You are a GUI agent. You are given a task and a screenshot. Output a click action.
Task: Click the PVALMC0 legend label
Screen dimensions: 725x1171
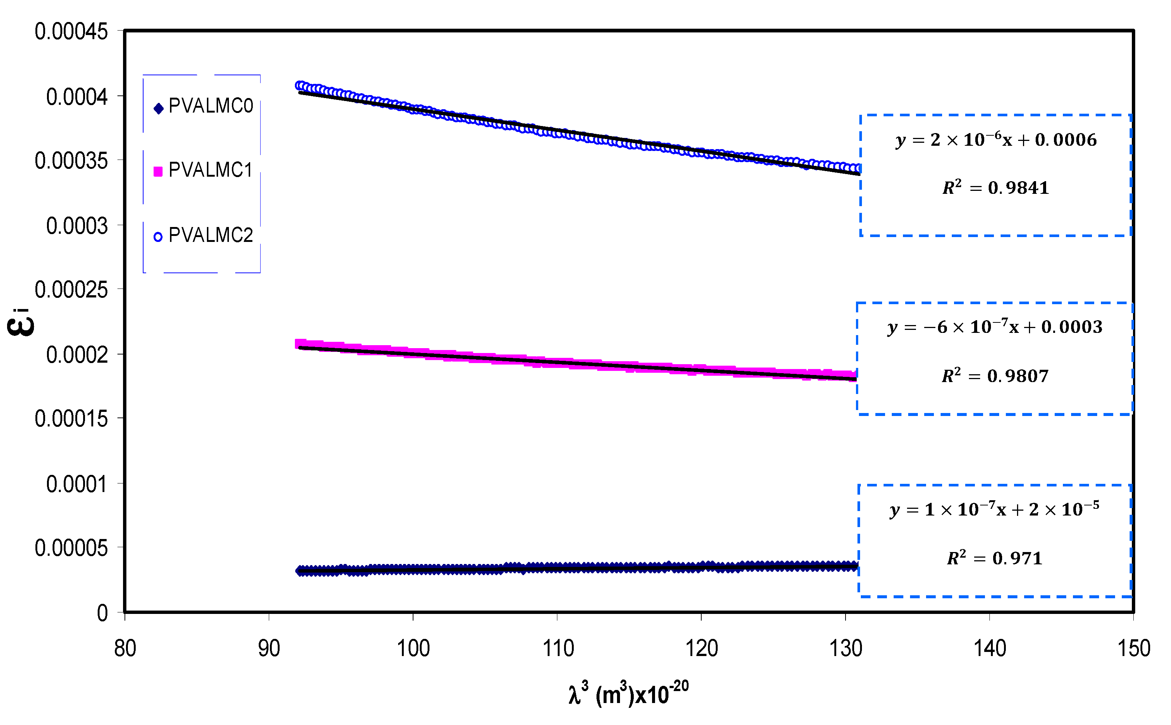pyautogui.click(x=211, y=106)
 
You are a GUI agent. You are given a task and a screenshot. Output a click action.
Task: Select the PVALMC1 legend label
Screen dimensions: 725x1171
pyautogui.click(x=211, y=170)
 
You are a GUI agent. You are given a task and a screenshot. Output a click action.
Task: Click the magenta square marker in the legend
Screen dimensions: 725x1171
pyautogui.click(x=158, y=171)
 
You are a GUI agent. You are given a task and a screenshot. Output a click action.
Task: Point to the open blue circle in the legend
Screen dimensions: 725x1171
pyautogui.click(x=158, y=237)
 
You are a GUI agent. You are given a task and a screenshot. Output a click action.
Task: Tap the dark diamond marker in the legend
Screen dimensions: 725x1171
pyautogui.click(x=158, y=108)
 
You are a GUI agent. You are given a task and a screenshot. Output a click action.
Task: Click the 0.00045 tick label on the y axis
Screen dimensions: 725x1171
pyautogui.click(x=71, y=32)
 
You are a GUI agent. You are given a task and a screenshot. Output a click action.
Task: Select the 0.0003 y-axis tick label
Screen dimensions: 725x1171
pyautogui.click(x=77, y=226)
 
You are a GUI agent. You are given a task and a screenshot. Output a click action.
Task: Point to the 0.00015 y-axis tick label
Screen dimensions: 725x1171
pyautogui.click(x=71, y=419)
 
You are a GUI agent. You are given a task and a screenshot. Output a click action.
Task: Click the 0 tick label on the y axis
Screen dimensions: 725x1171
pyautogui.click(x=102, y=613)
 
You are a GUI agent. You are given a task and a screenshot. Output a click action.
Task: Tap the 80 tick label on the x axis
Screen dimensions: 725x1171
pyautogui.click(x=125, y=649)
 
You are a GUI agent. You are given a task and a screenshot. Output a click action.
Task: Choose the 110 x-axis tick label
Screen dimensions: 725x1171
pyautogui.click(x=558, y=649)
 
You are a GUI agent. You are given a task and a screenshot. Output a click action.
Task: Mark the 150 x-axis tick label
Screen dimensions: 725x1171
pyautogui.click(x=1134, y=649)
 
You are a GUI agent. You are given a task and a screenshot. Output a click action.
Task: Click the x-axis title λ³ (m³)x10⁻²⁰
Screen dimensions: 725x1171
pyautogui.click(x=628, y=693)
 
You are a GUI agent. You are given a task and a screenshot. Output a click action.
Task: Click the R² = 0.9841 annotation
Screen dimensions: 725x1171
pyautogui.click(x=995, y=187)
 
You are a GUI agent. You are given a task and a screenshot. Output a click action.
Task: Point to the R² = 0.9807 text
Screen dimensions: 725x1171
pyautogui.click(x=995, y=375)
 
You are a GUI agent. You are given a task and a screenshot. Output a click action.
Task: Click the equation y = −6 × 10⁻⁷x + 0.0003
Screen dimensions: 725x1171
pyautogui.click(x=995, y=327)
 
